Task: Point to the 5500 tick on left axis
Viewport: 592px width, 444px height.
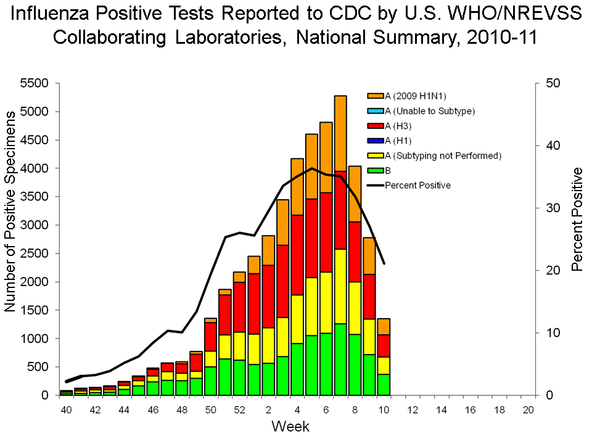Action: tap(38, 83)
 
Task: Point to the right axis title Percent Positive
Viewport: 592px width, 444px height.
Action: tap(577, 221)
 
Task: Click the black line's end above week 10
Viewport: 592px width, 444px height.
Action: tap(384, 263)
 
